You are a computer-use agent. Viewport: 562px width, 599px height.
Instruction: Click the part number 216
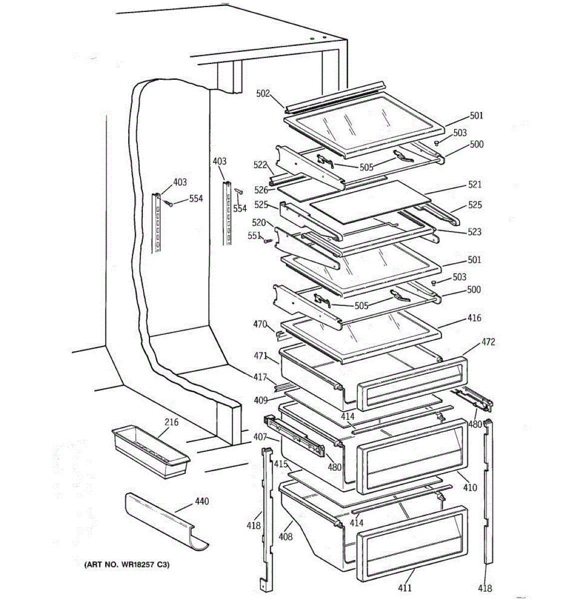171,422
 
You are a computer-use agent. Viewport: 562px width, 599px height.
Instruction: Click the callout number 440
202,501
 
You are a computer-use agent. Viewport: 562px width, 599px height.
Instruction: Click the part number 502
263,93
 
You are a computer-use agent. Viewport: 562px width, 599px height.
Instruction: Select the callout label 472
488,342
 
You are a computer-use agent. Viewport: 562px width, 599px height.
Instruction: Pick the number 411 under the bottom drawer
405,588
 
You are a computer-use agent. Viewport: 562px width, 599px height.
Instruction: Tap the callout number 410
470,488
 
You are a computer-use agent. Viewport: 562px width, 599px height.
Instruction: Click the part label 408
286,537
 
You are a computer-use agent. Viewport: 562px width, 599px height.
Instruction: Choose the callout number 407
260,437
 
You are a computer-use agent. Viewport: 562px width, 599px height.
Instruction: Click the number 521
475,185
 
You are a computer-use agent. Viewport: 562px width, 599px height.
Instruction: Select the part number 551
254,236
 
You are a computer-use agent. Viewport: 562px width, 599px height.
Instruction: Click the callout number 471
260,355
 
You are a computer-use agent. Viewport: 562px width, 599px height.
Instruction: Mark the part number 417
260,377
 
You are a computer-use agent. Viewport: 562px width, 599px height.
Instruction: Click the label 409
260,399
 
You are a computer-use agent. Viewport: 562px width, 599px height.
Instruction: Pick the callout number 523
475,232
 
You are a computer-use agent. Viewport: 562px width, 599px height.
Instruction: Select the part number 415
281,464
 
